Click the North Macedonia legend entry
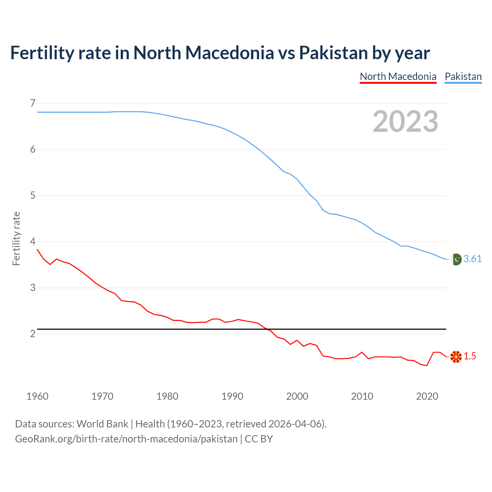[x=398, y=76]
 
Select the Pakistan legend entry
[x=463, y=76]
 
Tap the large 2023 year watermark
[x=405, y=121]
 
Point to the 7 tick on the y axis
[x=33, y=103]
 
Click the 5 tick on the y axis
[x=33, y=195]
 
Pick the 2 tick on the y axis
[x=33, y=334]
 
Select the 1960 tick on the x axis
[x=37, y=396]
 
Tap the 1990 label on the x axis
[x=232, y=396]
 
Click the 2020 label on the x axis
[x=427, y=396]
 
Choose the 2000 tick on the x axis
[x=297, y=396]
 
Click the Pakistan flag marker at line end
[x=456, y=259]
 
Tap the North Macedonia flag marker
[x=456, y=357]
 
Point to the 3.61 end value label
[x=472, y=259]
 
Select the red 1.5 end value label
[x=470, y=356]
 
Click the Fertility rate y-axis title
[x=16, y=238]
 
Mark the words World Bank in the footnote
[x=102, y=424]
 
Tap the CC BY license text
[x=259, y=439]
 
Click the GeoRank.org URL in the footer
[x=126, y=439]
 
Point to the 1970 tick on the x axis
[x=102, y=396]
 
